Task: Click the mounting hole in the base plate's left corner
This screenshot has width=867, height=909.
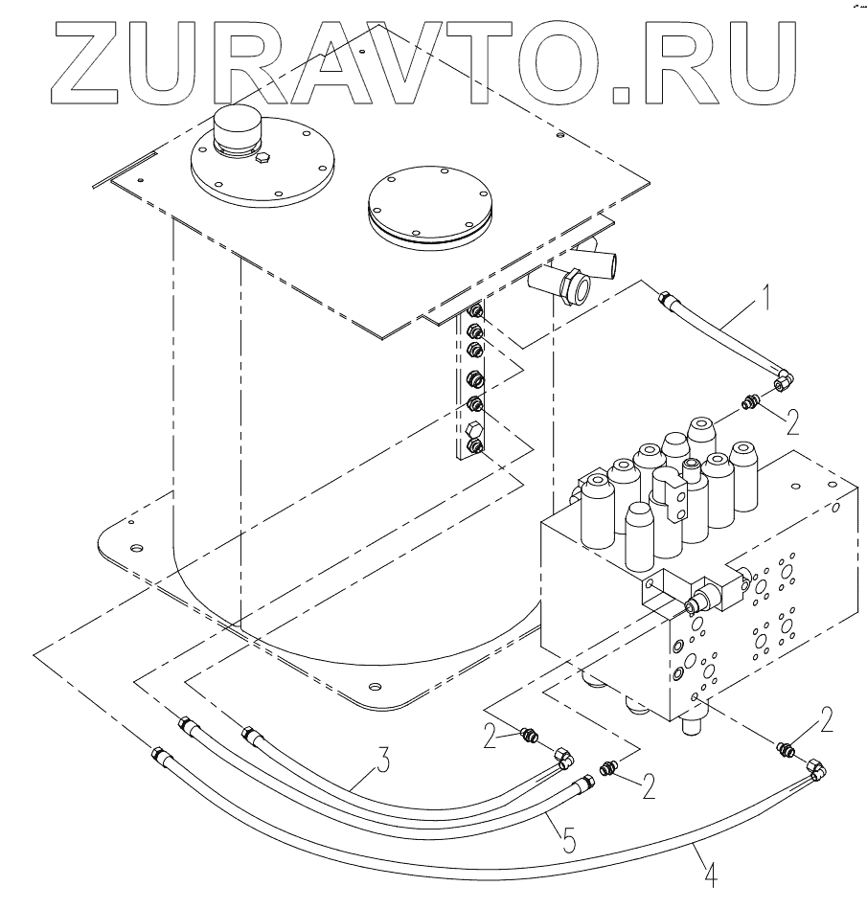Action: [x=135, y=549]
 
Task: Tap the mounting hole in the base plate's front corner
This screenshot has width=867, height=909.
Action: [x=376, y=686]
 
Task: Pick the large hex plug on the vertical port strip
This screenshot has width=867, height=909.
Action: [x=473, y=445]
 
